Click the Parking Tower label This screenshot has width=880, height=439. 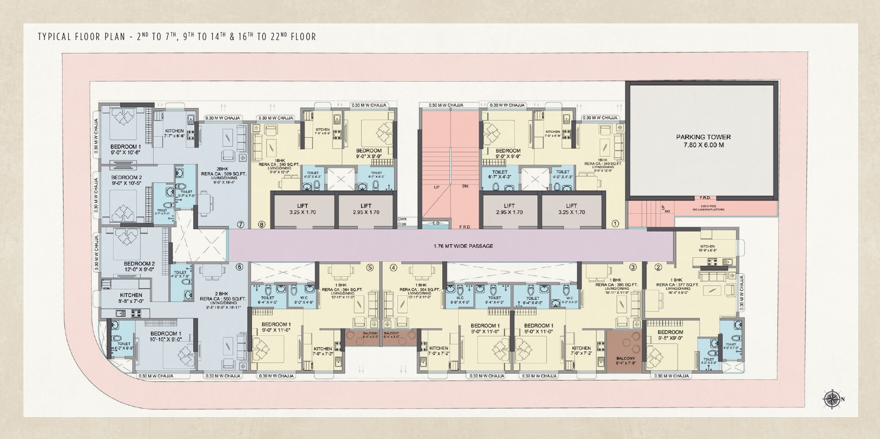tap(703, 141)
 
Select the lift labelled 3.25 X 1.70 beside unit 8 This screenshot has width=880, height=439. tap(302, 209)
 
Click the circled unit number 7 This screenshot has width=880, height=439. tap(241, 225)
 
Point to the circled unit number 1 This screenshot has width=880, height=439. tap(616, 224)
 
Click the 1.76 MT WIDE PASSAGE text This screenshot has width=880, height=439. tap(463, 246)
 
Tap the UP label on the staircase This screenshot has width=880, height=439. tap(437, 186)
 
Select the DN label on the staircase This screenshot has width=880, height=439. tap(465, 186)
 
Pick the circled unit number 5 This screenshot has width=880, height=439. tap(370, 267)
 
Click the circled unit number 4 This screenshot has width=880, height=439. tap(393, 267)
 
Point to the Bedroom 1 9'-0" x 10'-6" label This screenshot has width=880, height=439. tap(126, 150)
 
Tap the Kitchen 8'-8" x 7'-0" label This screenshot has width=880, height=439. tap(131, 298)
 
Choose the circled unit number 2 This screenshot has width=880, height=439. tap(658, 267)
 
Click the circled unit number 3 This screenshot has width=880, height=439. tap(633, 267)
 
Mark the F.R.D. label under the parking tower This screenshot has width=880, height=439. tap(705, 198)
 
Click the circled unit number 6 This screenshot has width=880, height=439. tap(239, 267)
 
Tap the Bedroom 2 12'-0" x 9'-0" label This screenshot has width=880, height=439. tap(139, 266)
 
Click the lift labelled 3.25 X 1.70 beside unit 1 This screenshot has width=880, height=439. tap(571, 209)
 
